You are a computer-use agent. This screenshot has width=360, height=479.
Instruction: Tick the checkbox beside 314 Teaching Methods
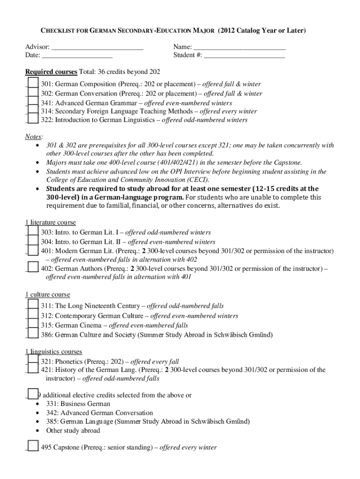tap(33, 111)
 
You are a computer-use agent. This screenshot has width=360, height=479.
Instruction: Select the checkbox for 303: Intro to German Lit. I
tap(33, 232)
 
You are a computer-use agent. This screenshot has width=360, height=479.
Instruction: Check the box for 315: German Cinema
tap(33, 325)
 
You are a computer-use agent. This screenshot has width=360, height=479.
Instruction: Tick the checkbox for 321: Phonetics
tap(33, 361)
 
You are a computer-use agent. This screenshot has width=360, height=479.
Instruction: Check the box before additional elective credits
tap(33, 394)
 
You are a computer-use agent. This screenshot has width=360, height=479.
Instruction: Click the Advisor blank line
tap(97, 47)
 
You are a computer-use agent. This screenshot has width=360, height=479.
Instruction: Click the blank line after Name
tap(239, 47)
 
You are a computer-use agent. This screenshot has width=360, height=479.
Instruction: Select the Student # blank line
tap(244, 55)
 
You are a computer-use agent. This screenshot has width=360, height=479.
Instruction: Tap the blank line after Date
tap(77, 55)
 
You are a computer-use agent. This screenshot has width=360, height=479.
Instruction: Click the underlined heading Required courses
tap(51, 72)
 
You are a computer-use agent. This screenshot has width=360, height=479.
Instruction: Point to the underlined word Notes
tap(34, 136)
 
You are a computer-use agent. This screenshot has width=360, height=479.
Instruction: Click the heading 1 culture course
tap(47, 295)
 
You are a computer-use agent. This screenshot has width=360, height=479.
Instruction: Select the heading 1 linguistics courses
tap(53, 351)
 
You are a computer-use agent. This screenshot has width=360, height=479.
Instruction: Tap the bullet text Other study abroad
tap(73, 430)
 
